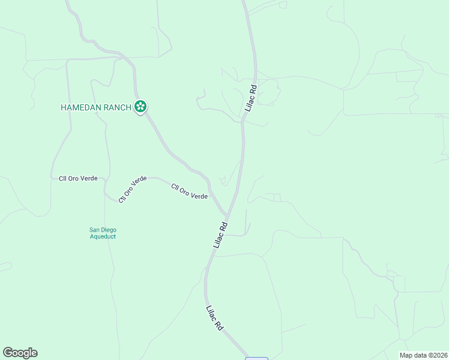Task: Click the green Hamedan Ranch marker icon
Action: click(140, 107)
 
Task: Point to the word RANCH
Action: click(118, 107)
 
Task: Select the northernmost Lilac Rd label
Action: click(252, 98)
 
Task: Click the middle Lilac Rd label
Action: click(221, 236)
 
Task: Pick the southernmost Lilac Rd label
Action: click(214, 319)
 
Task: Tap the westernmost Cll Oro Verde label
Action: click(78, 179)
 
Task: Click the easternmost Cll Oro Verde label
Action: click(190, 191)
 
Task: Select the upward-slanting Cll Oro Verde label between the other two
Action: click(132, 188)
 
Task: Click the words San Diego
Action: click(103, 230)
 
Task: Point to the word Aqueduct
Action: click(103, 236)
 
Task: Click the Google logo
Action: click(20, 353)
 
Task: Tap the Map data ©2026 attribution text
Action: click(423, 355)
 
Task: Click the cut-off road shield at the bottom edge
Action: click(256, 358)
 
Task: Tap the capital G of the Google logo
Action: click(8, 353)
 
